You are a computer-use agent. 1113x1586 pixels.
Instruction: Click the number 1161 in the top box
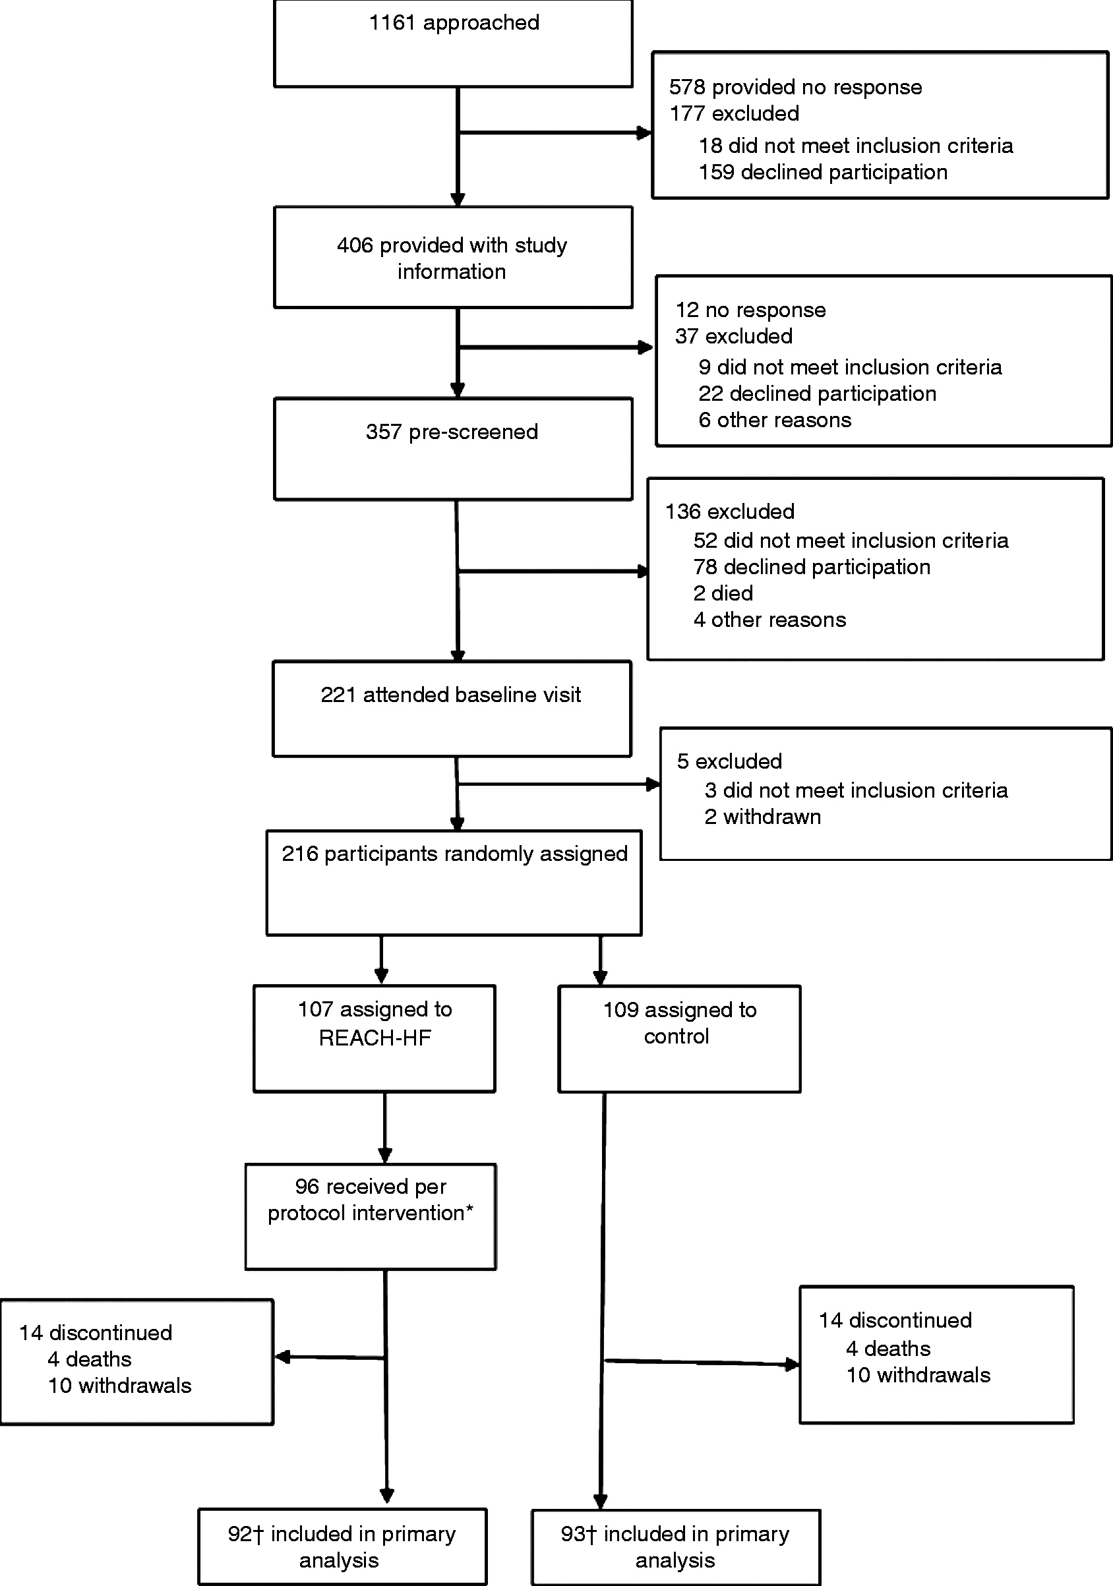[392, 23]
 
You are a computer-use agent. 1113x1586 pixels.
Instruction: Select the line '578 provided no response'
[795, 87]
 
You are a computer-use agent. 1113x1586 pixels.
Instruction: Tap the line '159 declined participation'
[823, 172]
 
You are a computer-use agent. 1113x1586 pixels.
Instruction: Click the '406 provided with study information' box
[453, 257]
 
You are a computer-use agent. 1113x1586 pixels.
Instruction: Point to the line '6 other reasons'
[775, 420]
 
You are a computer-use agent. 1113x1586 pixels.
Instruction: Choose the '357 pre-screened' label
[452, 432]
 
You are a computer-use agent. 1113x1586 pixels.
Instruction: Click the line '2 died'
[723, 593]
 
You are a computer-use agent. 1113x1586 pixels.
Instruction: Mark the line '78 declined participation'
[812, 567]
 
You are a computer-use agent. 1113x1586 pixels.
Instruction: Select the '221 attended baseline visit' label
[450, 695]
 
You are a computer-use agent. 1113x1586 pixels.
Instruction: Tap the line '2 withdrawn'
[763, 817]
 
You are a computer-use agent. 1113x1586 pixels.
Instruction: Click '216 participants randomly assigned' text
[454, 854]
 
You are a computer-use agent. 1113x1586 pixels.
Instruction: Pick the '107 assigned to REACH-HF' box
[375, 1039]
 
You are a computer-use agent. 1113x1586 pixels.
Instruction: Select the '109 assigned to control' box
[679, 1039]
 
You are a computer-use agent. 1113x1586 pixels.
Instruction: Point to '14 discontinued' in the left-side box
[96, 1332]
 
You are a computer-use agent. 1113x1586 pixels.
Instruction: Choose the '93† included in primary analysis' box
[676, 1546]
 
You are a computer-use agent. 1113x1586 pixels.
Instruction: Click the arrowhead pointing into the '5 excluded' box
[653, 784]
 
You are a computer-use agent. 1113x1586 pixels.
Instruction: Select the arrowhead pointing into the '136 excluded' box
[642, 572]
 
